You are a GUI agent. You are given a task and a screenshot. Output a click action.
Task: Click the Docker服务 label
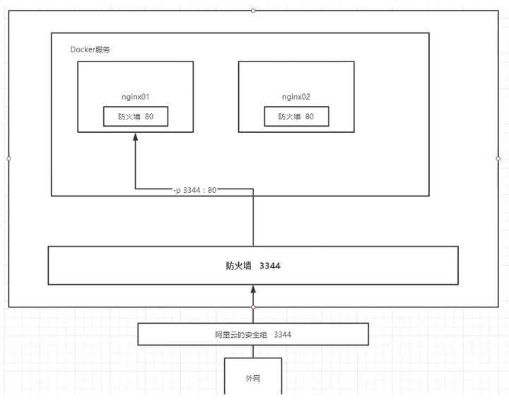[90, 49]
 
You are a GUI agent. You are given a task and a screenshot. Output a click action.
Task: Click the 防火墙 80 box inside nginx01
[136, 117]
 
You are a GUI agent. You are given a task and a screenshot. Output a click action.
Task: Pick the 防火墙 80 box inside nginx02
[296, 117]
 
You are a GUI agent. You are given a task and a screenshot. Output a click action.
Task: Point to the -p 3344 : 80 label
[195, 189]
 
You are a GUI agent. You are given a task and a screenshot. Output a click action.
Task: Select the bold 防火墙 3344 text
[252, 266]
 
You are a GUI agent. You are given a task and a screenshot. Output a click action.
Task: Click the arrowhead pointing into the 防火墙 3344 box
[253, 289]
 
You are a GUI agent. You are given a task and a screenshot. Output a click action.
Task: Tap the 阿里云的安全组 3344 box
[253, 334]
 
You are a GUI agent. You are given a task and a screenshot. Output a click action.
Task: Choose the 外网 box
[253, 375]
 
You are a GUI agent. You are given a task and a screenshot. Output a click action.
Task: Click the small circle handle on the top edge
[253, 10]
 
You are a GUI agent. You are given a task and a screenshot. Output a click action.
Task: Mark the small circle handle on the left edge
[8, 158]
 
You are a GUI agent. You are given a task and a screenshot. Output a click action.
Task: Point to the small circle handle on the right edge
[498, 158]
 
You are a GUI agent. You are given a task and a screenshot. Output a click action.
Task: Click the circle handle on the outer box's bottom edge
[253, 307]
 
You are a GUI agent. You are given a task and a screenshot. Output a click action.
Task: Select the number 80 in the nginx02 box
[310, 117]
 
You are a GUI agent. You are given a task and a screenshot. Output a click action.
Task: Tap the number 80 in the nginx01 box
[149, 117]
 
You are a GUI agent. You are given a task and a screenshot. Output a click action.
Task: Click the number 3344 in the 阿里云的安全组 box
[282, 334]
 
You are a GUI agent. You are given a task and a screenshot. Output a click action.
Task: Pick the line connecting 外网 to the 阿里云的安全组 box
[253, 351]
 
